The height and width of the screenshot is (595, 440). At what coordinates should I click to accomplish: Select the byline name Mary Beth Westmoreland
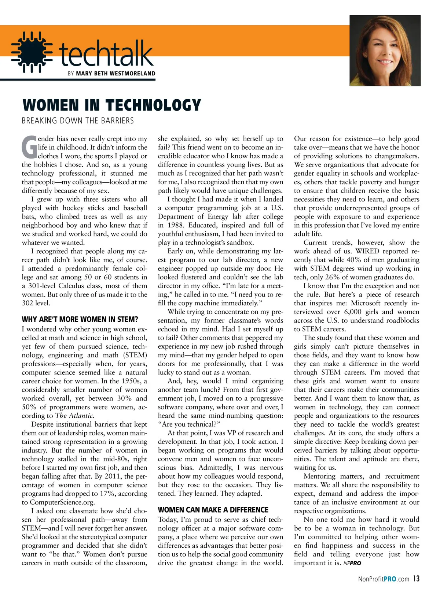115,74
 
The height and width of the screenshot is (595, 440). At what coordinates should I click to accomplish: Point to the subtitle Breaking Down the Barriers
78,121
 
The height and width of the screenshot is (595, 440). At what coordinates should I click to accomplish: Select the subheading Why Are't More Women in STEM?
80,320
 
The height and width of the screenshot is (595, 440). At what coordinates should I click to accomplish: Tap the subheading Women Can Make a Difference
213,510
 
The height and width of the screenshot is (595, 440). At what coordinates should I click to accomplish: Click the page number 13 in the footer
416,579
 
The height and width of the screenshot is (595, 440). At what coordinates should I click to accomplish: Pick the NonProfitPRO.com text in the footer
384,579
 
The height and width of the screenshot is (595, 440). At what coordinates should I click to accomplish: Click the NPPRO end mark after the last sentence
352,564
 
